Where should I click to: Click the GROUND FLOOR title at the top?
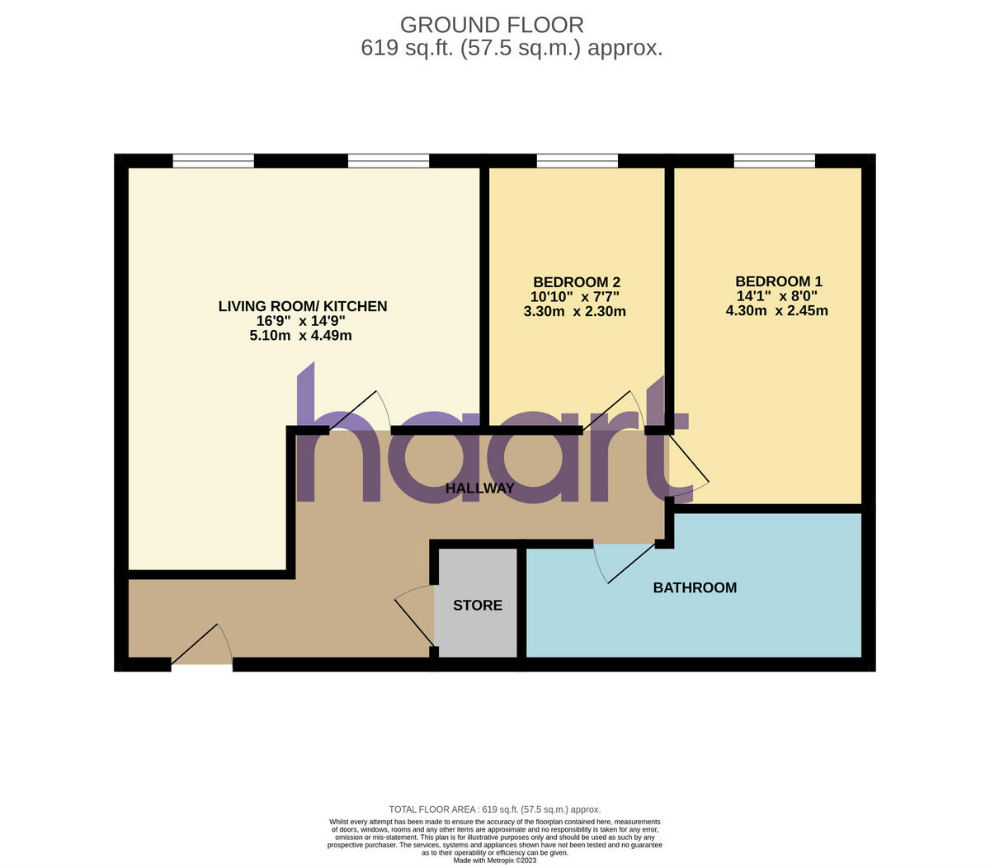492,25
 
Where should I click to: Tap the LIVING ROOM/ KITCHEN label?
302,306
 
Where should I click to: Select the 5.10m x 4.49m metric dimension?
302,336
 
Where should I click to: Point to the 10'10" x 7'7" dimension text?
575,296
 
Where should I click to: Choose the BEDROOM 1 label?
778,281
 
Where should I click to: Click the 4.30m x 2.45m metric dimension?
776,311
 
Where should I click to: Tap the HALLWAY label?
479,488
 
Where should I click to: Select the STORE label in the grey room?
478,606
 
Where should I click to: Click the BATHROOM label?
695,588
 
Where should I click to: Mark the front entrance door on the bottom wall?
202,647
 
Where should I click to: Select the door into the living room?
360,410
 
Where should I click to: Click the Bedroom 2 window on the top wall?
577,161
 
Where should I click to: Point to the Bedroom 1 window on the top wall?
774,161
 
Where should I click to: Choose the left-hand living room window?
213,161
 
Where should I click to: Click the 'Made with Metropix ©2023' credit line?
495,860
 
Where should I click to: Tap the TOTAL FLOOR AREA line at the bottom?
495,809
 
